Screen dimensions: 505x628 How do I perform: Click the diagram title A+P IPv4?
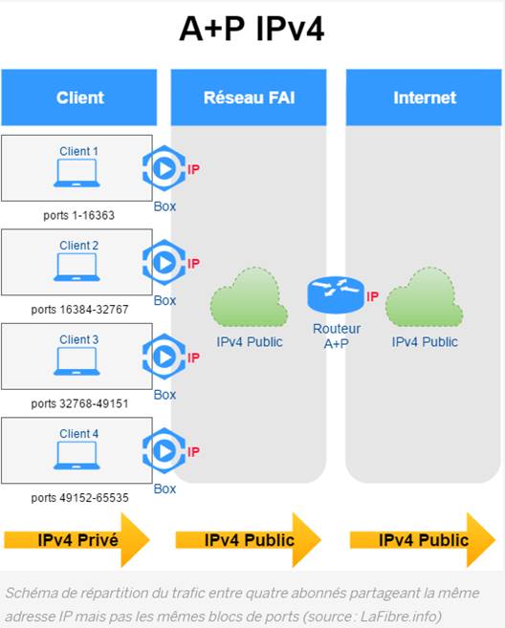click(x=252, y=29)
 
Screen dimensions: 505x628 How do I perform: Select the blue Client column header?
click(x=79, y=97)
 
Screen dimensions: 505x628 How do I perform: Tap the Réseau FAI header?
click(x=249, y=97)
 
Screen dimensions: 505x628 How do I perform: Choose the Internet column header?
click(x=424, y=97)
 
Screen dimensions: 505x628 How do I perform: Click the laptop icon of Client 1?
click(x=77, y=173)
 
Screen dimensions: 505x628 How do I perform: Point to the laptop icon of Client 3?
click(x=77, y=361)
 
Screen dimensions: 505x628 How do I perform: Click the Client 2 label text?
click(x=79, y=245)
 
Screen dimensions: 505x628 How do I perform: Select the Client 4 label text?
click(x=79, y=433)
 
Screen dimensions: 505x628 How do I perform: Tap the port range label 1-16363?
click(x=79, y=215)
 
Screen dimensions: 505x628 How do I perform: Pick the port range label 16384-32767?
click(x=79, y=310)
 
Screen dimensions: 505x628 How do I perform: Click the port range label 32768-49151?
click(x=79, y=403)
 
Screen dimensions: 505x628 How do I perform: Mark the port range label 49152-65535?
click(x=79, y=498)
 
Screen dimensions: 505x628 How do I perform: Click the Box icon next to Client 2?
click(x=165, y=262)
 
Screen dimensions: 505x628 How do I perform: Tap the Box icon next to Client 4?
click(x=165, y=450)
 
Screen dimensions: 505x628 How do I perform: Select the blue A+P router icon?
click(x=336, y=295)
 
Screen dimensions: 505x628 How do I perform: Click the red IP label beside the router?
click(x=372, y=296)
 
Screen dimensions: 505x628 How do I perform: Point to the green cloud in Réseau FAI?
click(x=249, y=296)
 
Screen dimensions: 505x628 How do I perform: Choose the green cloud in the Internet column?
click(x=424, y=296)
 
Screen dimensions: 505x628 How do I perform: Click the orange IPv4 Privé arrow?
click(x=77, y=540)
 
